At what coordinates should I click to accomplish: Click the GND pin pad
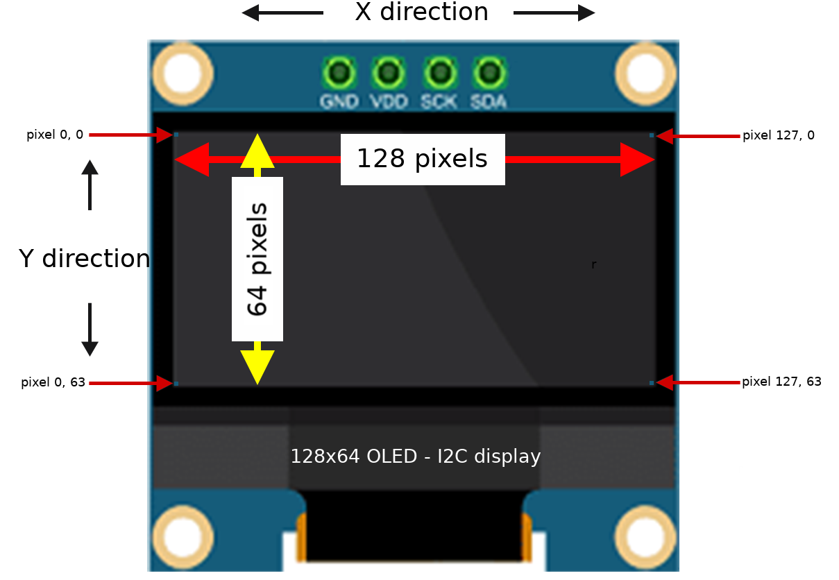pyautogui.click(x=339, y=72)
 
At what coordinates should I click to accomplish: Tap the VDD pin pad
pyautogui.click(x=389, y=72)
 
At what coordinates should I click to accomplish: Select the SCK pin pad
pyautogui.click(x=439, y=72)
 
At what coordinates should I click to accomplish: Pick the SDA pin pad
pyautogui.click(x=489, y=72)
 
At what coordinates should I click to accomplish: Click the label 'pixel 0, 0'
pyautogui.click(x=55, y=135)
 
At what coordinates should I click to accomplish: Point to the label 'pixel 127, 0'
pyautogui.click(x=778, y=135)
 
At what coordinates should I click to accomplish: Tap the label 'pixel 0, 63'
pyautogui.click(x=53, y=382)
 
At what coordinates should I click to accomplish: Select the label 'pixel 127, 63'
pyautogui.click(x=781, y=382)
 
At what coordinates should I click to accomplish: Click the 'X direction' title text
pyautogui.click(x=421, y=12)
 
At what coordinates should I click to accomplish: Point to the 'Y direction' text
pyautogui.click(x=84, y=259)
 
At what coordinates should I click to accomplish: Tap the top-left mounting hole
pyautogui.click(x=183, y=73)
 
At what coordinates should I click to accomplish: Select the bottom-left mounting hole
pyautogui.click(x=183, y=537)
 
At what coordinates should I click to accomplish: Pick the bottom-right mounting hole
pyautogui.click(x=645, y=537)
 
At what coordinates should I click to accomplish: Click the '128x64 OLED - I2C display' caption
pyautogui.click(x=415, y=457)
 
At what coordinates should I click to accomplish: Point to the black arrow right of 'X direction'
pyautogui.click(x=554, y=12)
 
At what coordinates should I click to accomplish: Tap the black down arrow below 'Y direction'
pyautogui.click(x=90, y=330)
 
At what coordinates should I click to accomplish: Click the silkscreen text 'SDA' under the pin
pyautogui.click(x=489, y=101)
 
